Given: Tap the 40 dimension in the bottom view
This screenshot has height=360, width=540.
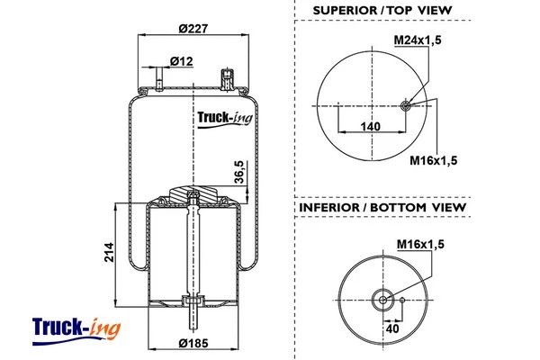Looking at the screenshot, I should pyautogui.click(x=392, y=329).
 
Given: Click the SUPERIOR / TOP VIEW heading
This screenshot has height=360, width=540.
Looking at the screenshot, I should pyautogui.click(x=382, y=11).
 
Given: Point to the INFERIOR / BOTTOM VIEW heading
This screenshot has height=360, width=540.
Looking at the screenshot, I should pyautogui.click(x=382, y=208).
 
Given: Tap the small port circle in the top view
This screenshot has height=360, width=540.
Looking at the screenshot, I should pyautogui.click(x=406, y=105).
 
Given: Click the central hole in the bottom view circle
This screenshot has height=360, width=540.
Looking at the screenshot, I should pyautogui.click(x=382, y=301).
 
